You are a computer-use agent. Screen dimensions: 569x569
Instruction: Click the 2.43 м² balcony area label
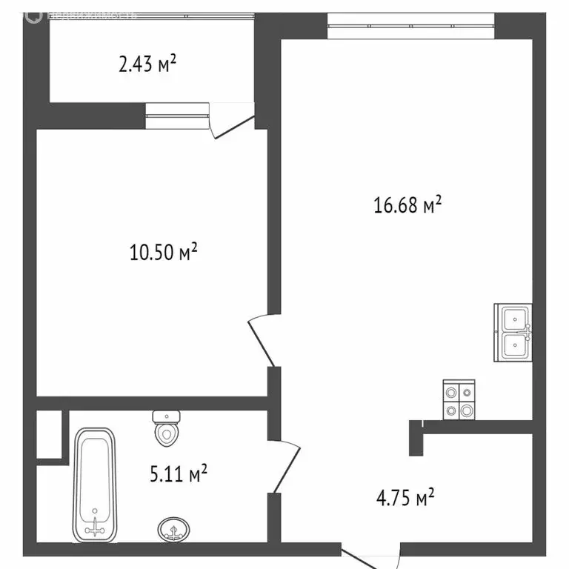pyautogui.click(x=147, y=65)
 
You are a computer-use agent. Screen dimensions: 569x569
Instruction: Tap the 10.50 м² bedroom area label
pyautogui.click(x=163, y=253)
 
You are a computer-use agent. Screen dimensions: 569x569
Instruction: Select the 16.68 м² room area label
pyautogui.click(x=407, y=204)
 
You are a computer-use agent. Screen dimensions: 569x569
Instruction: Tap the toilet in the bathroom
pyautogui.click(x=167, y=430)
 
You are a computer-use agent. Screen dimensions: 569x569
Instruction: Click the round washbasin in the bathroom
pyautogui.click(x=174, y=529)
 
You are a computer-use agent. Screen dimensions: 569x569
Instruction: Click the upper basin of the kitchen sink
pyautogui.click(x=514, y=319)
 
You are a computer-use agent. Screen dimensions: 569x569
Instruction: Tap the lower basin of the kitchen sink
pyautogui.click(x=514, y=345)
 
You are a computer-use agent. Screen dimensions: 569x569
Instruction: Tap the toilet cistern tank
pyautogui.click(x=167, y=416)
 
